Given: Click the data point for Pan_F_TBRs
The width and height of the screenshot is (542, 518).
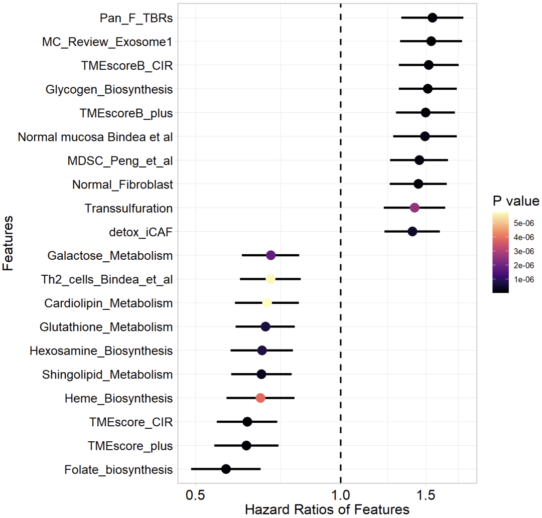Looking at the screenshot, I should (x=432, y=18).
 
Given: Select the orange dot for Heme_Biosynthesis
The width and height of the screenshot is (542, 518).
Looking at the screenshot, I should (x=260, y=398).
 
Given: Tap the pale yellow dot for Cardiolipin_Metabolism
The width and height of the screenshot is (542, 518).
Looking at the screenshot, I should (x=267, y=302).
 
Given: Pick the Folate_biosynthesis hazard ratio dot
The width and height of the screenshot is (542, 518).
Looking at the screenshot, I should (x=226, y=469).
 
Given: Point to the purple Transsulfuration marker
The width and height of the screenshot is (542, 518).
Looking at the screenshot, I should (x=415, y=208).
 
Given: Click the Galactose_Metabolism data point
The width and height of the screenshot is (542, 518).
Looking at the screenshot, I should (x=271, y=255).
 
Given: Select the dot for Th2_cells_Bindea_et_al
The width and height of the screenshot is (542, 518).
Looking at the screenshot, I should (x=270, y=279).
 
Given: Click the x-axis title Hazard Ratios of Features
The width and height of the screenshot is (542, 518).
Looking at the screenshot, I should (x=327, y=509).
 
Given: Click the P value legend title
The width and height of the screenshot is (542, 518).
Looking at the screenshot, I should (x=515, y=201).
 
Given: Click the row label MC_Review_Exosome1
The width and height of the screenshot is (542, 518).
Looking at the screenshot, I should (x=107, y=42).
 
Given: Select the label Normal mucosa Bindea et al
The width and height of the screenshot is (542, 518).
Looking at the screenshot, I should (x=95, y=136).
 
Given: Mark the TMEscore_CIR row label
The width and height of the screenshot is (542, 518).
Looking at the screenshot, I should (x=130, y=422).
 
